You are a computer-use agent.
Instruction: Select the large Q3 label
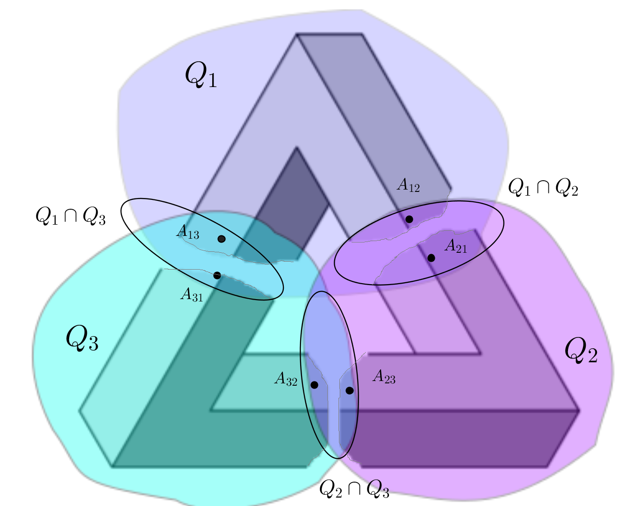[x=82, y=338]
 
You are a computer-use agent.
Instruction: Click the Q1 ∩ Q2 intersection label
[x=543, y=187]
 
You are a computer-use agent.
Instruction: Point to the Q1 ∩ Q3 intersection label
[x=71, y=215]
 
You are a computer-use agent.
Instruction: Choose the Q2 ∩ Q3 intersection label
[x=354, y=489]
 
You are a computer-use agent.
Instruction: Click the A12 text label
[x=408, y=185]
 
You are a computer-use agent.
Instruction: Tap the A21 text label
[x=456, y=246]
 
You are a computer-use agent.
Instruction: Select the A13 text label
[x=187, y=232]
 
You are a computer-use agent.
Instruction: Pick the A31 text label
[x=192, y=295]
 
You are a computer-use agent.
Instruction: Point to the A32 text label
[x=286, y=379]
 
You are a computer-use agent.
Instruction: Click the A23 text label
[x=384, y=376]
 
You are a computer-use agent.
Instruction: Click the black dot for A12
[x=409, y=219]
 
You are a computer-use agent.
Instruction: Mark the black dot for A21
[x=431, y=258]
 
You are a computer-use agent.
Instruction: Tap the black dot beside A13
[x=222, y=239]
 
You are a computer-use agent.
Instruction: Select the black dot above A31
[x=217, y=276]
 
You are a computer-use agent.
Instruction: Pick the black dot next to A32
[x=314, y=385]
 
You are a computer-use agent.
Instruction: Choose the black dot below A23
[x=350, y=390]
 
